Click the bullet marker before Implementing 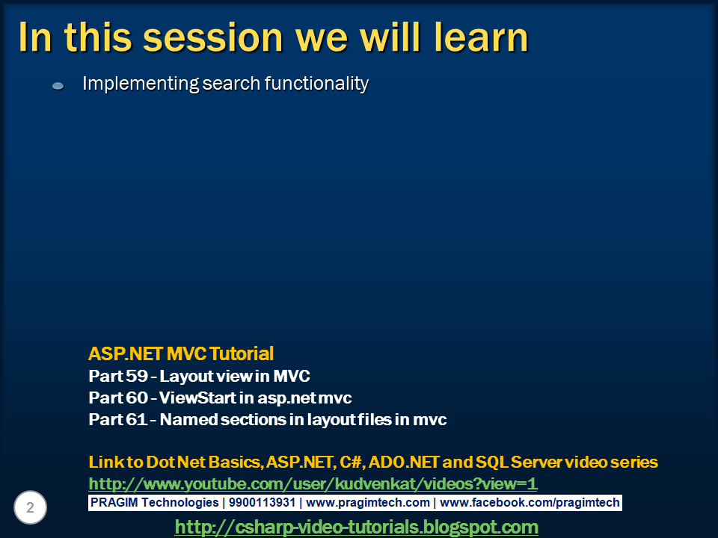click(x=58, y=87)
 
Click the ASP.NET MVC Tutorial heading click(x=181, y=353)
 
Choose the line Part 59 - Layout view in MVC click(x=199, y=376)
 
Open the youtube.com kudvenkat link click(x=313, y=483)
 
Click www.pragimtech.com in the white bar click(x=368, y=503)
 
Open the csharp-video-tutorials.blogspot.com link click(x=356, y=527)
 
